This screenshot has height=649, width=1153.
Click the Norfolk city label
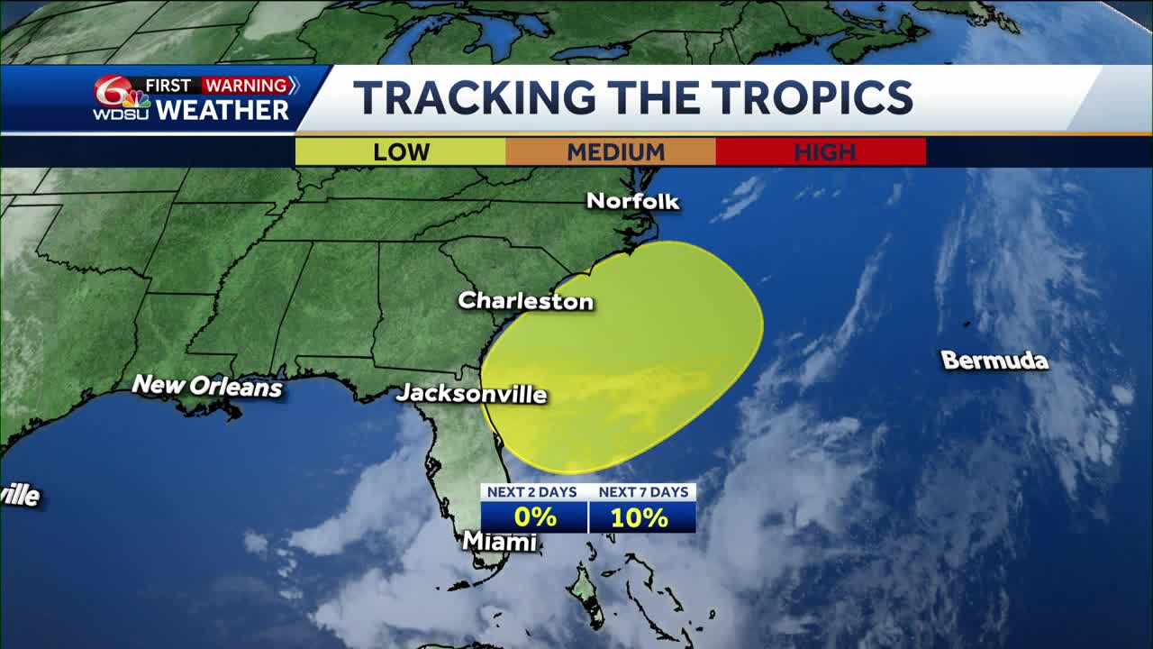(x=632, y=201)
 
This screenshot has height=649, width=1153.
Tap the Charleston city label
(x=525, y=301)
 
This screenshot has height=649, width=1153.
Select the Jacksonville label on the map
(x=471, y=394)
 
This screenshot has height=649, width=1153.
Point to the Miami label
(x=499, y=542)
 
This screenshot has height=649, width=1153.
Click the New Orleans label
(x=207, y=387)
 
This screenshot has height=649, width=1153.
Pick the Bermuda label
(x=994, y=361)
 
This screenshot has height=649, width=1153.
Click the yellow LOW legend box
(x=401, y=151)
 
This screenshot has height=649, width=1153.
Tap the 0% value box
(x=534, y=517)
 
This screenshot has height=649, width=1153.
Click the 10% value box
(x=641, y=517)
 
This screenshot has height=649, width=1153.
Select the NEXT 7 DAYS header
(x=642, y=492)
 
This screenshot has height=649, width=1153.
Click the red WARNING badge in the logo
(x=245, y=86)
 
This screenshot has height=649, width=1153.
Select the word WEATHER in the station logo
(x=222, y=110)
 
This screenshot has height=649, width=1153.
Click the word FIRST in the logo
(x=168, y=86)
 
